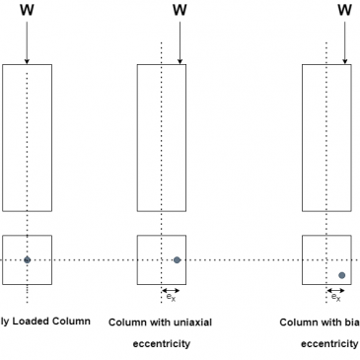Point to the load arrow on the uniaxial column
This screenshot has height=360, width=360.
pyautogui.click(x=179, y=42)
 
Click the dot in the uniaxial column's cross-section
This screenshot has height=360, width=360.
pyautogui.click(x=177, y=260)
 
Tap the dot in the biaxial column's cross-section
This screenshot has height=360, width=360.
pyautogui.click(x=341, y=275)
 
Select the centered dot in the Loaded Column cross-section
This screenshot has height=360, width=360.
pyautogui.click(x=28, y=260)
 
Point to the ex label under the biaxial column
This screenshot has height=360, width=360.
pyautogui.click(x=336, y=297)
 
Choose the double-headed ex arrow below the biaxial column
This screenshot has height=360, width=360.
pyautogui.click(x=335, y=290)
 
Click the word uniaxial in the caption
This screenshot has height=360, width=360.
pyautogui.click(x=191, y=322)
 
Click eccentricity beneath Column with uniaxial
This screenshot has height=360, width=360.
pyautogui.click(x=161, y=344)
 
